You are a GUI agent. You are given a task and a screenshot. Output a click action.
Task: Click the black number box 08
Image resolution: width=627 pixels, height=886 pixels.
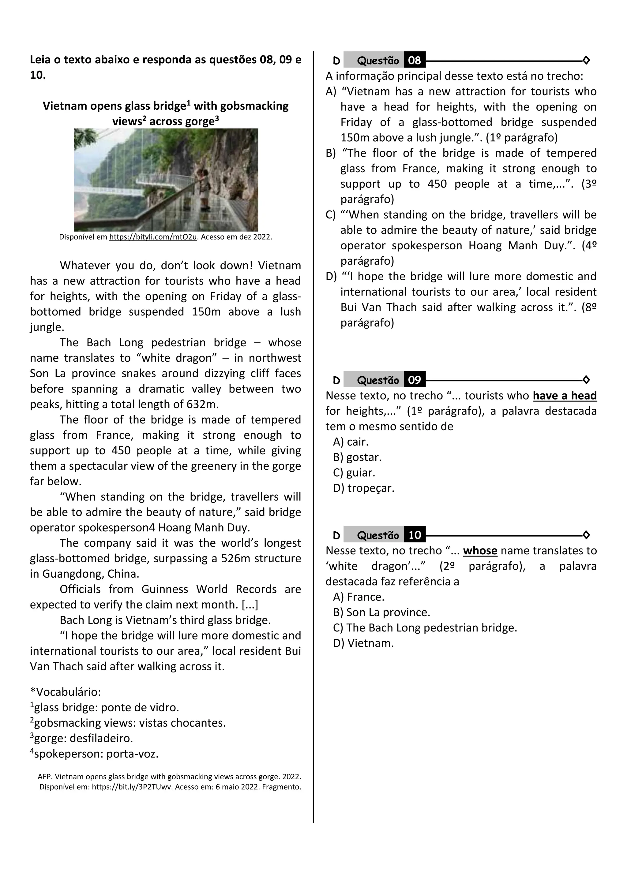point(414,60)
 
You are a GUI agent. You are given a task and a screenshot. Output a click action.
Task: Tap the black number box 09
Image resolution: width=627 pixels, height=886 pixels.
point(414,380)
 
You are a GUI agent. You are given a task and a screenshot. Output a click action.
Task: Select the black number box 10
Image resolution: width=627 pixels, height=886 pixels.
point(414,535)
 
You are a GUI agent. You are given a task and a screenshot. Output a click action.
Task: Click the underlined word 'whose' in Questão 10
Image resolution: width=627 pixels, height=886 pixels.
point(480,551)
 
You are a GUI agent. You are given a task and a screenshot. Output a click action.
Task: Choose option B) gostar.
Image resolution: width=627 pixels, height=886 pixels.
point(357,457)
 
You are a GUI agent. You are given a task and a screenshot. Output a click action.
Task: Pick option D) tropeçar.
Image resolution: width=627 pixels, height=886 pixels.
point(363,488)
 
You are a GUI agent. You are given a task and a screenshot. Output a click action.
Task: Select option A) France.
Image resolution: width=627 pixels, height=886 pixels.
point(359,597)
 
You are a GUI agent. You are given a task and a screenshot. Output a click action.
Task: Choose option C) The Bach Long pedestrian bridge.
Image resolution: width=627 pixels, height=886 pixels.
point(425,628)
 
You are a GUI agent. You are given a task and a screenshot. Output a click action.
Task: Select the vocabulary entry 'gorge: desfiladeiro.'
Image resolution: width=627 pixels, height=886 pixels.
point(81,738)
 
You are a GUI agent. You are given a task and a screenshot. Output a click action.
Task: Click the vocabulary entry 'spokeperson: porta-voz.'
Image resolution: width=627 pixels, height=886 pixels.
point(94,754)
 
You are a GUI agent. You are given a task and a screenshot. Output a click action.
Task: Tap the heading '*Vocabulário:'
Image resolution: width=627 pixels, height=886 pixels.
point(65,692)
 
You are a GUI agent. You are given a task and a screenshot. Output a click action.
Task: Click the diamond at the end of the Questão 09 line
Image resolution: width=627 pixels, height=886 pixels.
point(586,380)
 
